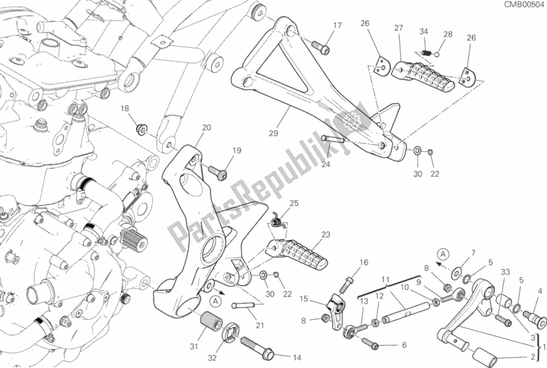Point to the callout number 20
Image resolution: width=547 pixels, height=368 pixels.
(x=206, y=127)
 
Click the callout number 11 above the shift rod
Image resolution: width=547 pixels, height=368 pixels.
(x=385, y=279)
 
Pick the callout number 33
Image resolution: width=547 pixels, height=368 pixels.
(x=505, y=271)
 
